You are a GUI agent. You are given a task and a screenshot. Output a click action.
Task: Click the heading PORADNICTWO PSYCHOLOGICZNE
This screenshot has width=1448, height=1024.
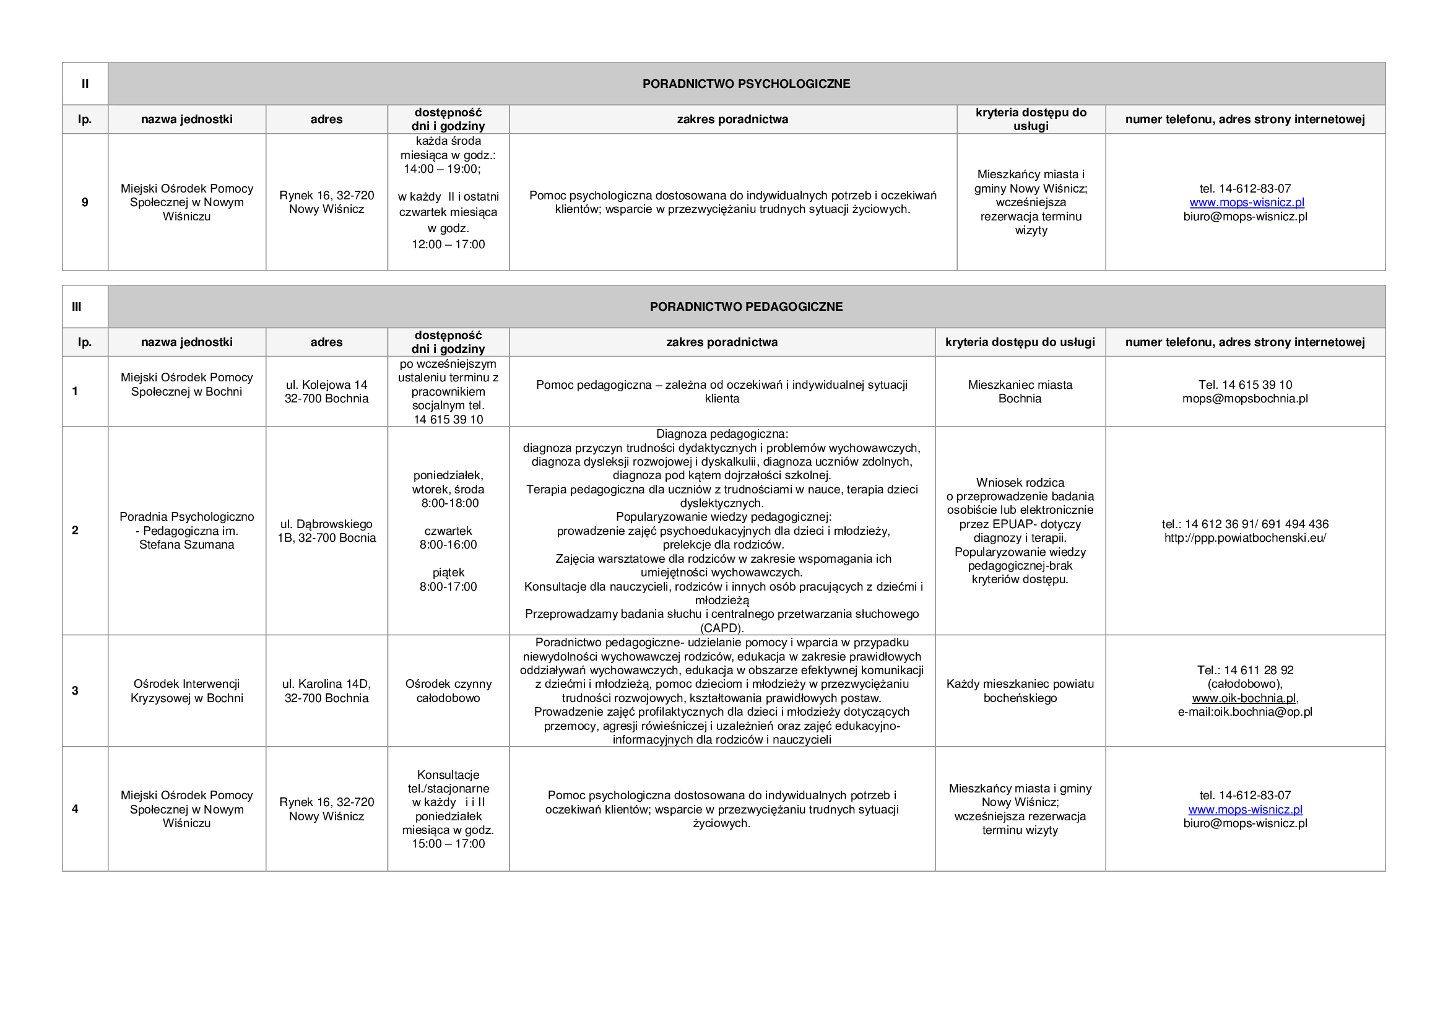(x=745, y=84)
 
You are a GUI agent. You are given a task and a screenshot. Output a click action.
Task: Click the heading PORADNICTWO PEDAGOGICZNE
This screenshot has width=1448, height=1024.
(x=745, y=306)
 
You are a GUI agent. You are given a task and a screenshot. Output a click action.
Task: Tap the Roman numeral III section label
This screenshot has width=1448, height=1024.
(x=76, y=306)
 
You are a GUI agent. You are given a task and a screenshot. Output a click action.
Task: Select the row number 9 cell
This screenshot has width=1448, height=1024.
(x=85, y=202)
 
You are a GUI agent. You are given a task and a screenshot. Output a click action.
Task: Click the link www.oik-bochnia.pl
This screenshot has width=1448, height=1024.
(x=1244, y=698)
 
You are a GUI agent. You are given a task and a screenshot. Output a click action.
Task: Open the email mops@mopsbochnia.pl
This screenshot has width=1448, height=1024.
(x=1245, y=399)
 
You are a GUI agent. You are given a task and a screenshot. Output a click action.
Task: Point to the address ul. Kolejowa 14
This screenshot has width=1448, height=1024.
(x=326, y=384)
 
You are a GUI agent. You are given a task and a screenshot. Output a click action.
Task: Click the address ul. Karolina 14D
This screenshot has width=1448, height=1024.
(x=326, y=683)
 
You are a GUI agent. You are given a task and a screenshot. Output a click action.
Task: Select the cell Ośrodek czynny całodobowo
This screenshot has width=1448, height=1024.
(x=448, y=690)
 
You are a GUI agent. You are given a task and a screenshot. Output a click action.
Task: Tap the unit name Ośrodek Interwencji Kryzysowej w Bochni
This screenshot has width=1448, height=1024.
(x=187, y=690)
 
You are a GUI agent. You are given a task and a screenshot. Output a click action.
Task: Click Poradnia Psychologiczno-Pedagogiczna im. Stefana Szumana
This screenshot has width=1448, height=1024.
(x=187, y=531)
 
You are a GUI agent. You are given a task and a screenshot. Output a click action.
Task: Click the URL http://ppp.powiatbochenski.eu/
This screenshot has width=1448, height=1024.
(x=1245, y=538)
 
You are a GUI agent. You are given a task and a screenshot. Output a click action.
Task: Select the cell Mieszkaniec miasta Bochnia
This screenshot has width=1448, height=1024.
(x=1020, y=391)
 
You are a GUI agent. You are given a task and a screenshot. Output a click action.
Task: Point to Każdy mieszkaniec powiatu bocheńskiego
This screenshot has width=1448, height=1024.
(x=1020, y=690)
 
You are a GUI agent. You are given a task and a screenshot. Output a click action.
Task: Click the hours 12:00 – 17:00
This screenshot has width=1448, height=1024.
(x=448, y=245)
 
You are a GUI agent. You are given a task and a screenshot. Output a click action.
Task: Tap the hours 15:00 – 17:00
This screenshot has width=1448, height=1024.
(x=448, y=844)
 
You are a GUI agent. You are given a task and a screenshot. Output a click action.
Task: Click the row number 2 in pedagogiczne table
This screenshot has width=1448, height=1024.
(x=75, y=531)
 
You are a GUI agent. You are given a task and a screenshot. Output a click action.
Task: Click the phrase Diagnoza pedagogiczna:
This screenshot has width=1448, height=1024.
(x=721, y=434)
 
